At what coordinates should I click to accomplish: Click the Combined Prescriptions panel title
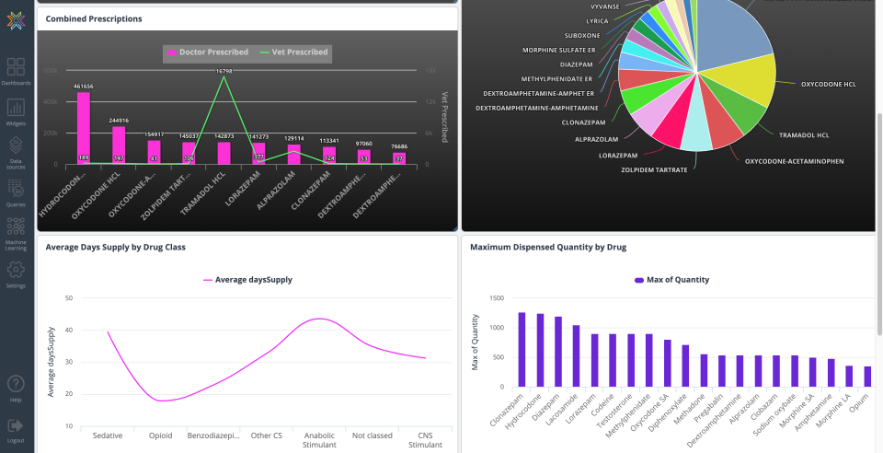point(94,18)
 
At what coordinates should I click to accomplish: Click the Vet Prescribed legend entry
point(294,52)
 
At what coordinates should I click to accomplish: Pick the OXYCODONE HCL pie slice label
point(828,85)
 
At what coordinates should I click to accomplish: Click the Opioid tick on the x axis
point(161,436)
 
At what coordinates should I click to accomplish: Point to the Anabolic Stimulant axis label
point(319,440)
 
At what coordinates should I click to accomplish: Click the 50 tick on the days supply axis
point(69,298)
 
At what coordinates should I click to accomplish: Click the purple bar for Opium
point(867,376)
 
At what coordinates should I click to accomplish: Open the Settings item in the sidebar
point(16,273)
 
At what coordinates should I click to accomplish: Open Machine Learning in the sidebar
point(16,230)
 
